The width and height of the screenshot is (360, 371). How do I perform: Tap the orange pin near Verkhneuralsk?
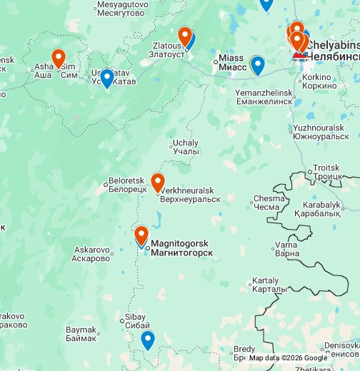click(158, 182)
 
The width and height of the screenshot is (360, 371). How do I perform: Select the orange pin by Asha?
click(59, 57)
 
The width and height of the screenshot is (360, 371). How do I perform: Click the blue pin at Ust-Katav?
click(107, 77)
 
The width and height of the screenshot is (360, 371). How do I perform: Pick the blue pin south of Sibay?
click(147, 340)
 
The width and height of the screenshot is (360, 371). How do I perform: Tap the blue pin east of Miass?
click(258, 65)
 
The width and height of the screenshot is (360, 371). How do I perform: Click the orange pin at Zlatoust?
click(184, 36)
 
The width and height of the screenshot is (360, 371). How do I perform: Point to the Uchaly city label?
click(186, 147)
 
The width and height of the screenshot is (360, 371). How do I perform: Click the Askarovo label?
click(92, 254)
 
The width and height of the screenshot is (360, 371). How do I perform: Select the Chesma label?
click(268, 203)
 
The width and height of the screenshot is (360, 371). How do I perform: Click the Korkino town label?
click(318, 81)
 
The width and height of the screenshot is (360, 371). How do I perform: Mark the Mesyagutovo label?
click(121, 9)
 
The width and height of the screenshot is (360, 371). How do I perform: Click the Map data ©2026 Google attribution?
click(288, 358)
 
